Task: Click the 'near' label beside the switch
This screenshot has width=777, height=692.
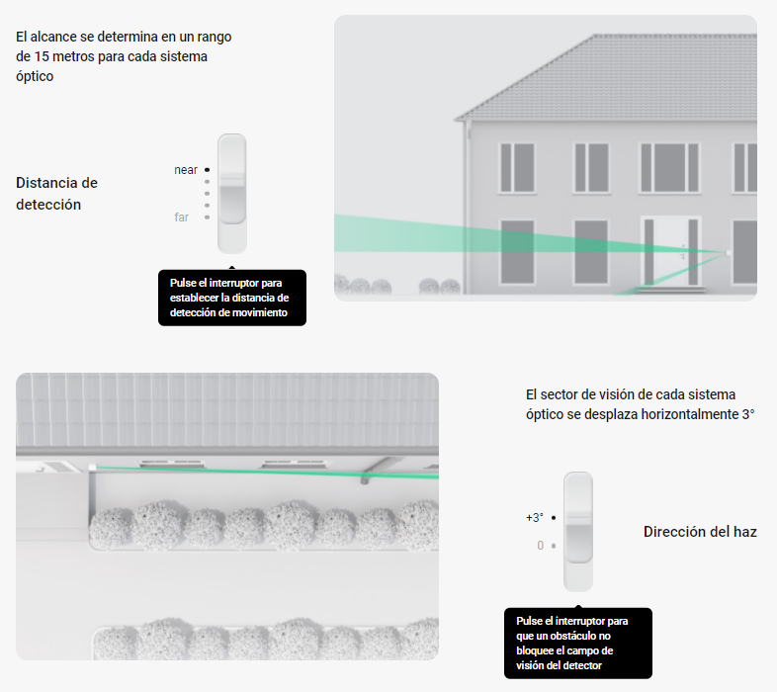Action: point(186,170)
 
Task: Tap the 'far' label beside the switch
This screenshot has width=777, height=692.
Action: point(181,217)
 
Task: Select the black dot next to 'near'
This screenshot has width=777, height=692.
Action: point(208,170)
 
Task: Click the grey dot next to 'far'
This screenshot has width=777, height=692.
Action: point(208,217)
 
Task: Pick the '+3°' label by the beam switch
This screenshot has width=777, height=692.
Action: point(535,517)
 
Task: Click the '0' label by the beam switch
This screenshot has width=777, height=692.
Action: point(541,546)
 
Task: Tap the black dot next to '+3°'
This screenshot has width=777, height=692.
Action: point(554,517)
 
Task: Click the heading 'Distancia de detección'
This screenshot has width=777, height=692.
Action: point(56,194)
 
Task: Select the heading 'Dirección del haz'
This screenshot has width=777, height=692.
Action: point(700,532)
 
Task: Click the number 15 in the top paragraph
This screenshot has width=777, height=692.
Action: point(42,56)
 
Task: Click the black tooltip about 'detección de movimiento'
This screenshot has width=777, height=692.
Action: point(232,298)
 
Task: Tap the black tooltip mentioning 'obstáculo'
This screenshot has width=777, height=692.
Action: point(577,643)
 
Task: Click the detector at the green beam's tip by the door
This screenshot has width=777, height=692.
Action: point(728,253)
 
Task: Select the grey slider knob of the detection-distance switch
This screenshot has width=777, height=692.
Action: point(232,205)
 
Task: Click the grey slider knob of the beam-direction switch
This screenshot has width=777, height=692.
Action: point(578,544)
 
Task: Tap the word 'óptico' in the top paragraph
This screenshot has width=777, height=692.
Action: point(35,77)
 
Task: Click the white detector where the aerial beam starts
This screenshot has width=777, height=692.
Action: point(92,467)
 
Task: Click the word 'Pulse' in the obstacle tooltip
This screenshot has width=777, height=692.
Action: point(528,621)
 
